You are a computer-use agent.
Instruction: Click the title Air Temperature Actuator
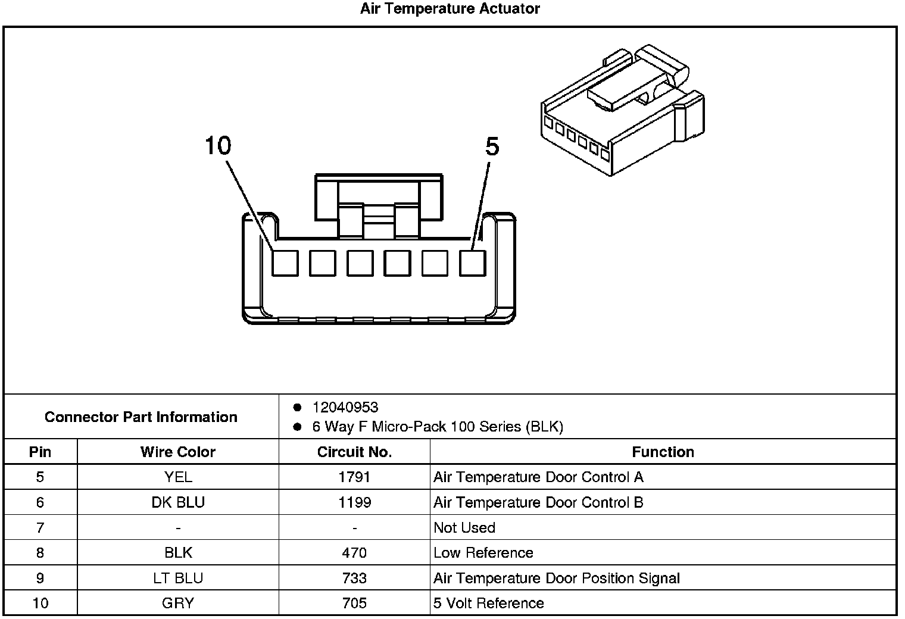(x=450, y=9)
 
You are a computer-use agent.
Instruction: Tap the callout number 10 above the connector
(x=218, y=145)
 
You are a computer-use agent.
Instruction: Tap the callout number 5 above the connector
(x=492, y=146)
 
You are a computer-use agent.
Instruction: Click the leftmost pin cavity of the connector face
(x=285, y=263)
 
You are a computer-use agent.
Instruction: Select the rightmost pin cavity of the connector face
(x=473, y=263)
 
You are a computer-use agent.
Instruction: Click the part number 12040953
(x=345, y=408)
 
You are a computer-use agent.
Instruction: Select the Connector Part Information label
(x=141, y=417)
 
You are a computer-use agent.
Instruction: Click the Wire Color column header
(x=178, y=452)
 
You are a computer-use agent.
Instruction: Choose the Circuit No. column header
(x=354, y=452)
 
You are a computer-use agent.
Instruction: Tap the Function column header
(x=663, y=452)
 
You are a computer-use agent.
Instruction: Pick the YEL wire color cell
(x=178, y=477)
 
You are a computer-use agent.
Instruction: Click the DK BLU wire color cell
(x=178, y=503)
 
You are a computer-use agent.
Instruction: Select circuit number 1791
(x=354, y=477)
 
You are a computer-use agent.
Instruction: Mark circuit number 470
(x=354, y=553)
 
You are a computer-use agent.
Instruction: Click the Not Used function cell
(x=464, y=528)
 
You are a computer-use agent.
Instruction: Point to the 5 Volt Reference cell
(x=489, y=604)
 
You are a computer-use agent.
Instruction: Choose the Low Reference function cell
(x=483, y=553)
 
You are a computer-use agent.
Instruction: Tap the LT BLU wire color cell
(x=178, y=579)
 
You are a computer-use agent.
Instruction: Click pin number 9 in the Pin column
(x=40, y=579)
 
